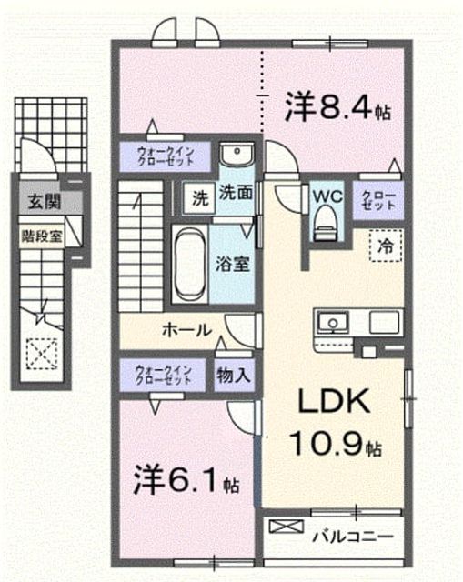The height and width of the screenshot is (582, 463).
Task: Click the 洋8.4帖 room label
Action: pyautogui.click(x=337, y=107)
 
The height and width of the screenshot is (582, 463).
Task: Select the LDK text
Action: pyautogui.click(x=335, y=402)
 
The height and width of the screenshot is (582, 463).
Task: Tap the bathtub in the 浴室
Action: pyautogui.click(x=190, y=264)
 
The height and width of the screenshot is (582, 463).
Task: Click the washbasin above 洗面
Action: pyautogui.click(x=236, y=154)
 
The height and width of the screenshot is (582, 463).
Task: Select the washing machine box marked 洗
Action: pyautogui.click(x=199, y=197)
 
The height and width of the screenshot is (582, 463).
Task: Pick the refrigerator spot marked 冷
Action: pyautogui.click(x=386, y=246)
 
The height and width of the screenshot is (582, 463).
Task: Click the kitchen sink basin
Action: pyautogui.click(x=333, y=322)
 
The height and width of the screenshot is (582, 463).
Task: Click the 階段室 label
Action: pyautogui.click(x=41, y=236)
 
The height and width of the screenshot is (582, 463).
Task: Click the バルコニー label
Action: pyautogui.click(x=353, y=536)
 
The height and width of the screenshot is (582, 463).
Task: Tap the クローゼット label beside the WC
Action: pyautogui.click(x=378, y=200)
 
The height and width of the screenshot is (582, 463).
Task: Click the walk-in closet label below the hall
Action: pyautogui.click(x=164, y=375)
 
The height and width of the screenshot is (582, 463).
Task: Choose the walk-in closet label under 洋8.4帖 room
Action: pyautogui.click(x=166, y=156)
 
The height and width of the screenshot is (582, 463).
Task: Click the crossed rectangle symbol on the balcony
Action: pyautogui.click(x=287, y=526)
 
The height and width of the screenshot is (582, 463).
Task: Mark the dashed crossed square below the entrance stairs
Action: pyautogui.click(x=42, y=355)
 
